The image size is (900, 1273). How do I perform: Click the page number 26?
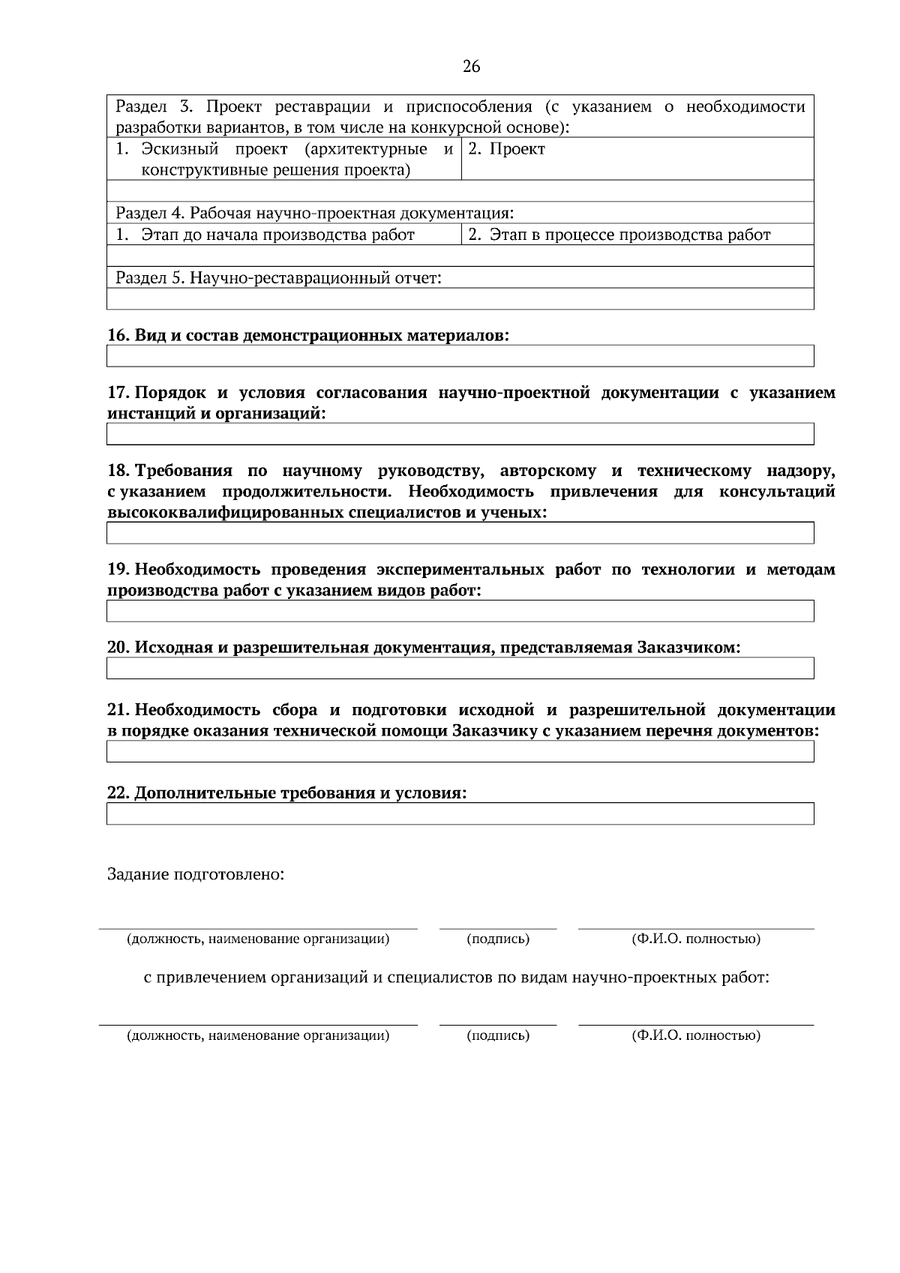click(x=471, y=67)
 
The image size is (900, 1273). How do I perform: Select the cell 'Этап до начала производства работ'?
click(x=277, y=235)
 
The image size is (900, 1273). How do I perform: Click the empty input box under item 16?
click(x=460, y=356)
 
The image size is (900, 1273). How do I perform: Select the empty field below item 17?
click(x=460, y=434)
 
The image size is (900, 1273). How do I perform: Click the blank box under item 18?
click(x=460, y=533)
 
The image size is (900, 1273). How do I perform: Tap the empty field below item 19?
click(x=460, y=611)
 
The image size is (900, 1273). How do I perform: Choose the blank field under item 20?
click(x=460, y=669)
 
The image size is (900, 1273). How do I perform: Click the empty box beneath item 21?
click(x=460, y=752)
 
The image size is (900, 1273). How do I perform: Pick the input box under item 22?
click(x=460, y=814)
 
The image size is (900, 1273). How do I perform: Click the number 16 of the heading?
click(x=118, y=335)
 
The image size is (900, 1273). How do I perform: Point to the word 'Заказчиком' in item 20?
click(x=688, y=648)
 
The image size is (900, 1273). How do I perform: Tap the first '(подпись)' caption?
click(x=498, y=939)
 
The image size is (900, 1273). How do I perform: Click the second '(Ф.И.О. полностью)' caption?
click(x=696, y=1036)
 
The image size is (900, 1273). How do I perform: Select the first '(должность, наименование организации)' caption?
click(x=258, y=939)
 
